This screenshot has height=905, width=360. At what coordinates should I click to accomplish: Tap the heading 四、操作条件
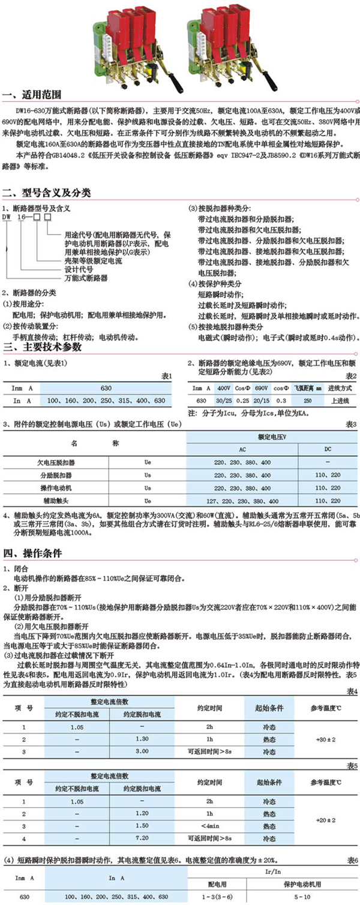point(34,552)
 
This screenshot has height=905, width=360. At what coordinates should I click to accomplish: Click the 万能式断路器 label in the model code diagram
point(86,278)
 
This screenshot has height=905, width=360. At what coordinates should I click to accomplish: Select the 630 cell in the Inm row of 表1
point(106,387)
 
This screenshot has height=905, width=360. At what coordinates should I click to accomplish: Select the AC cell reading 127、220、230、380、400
point(251,500)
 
